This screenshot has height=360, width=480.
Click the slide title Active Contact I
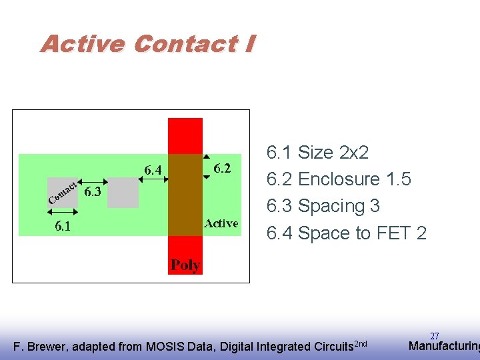click(x=147, y=44)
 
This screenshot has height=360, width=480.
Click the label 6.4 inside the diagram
click(x=153, y=171)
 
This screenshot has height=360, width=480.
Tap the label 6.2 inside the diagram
click(x=222, y=169)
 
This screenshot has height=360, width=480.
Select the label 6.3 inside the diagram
click(x=93, y=193)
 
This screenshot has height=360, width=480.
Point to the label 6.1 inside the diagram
click(x=63, y=227)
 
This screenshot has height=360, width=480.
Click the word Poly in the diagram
click(x=185, y=265)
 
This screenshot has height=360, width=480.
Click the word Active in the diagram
click(x=221, y=223)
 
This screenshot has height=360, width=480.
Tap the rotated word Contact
click(x=64, y=191)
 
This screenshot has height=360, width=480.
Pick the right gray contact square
click(x=123, y=193)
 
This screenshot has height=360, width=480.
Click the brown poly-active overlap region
click(x=185, y=195)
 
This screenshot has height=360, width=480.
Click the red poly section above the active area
click(x=185, y=136)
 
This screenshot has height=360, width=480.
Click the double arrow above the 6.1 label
click(x=63, y=212)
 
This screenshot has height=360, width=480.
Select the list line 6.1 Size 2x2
click(x=317, y=153)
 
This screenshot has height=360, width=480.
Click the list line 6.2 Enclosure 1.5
click(x=339, y=179)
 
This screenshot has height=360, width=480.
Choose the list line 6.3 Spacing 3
click(x=323, y=206)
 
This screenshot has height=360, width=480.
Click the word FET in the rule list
click(x=393, y=233)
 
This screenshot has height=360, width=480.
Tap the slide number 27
click(x=434, y=337)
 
